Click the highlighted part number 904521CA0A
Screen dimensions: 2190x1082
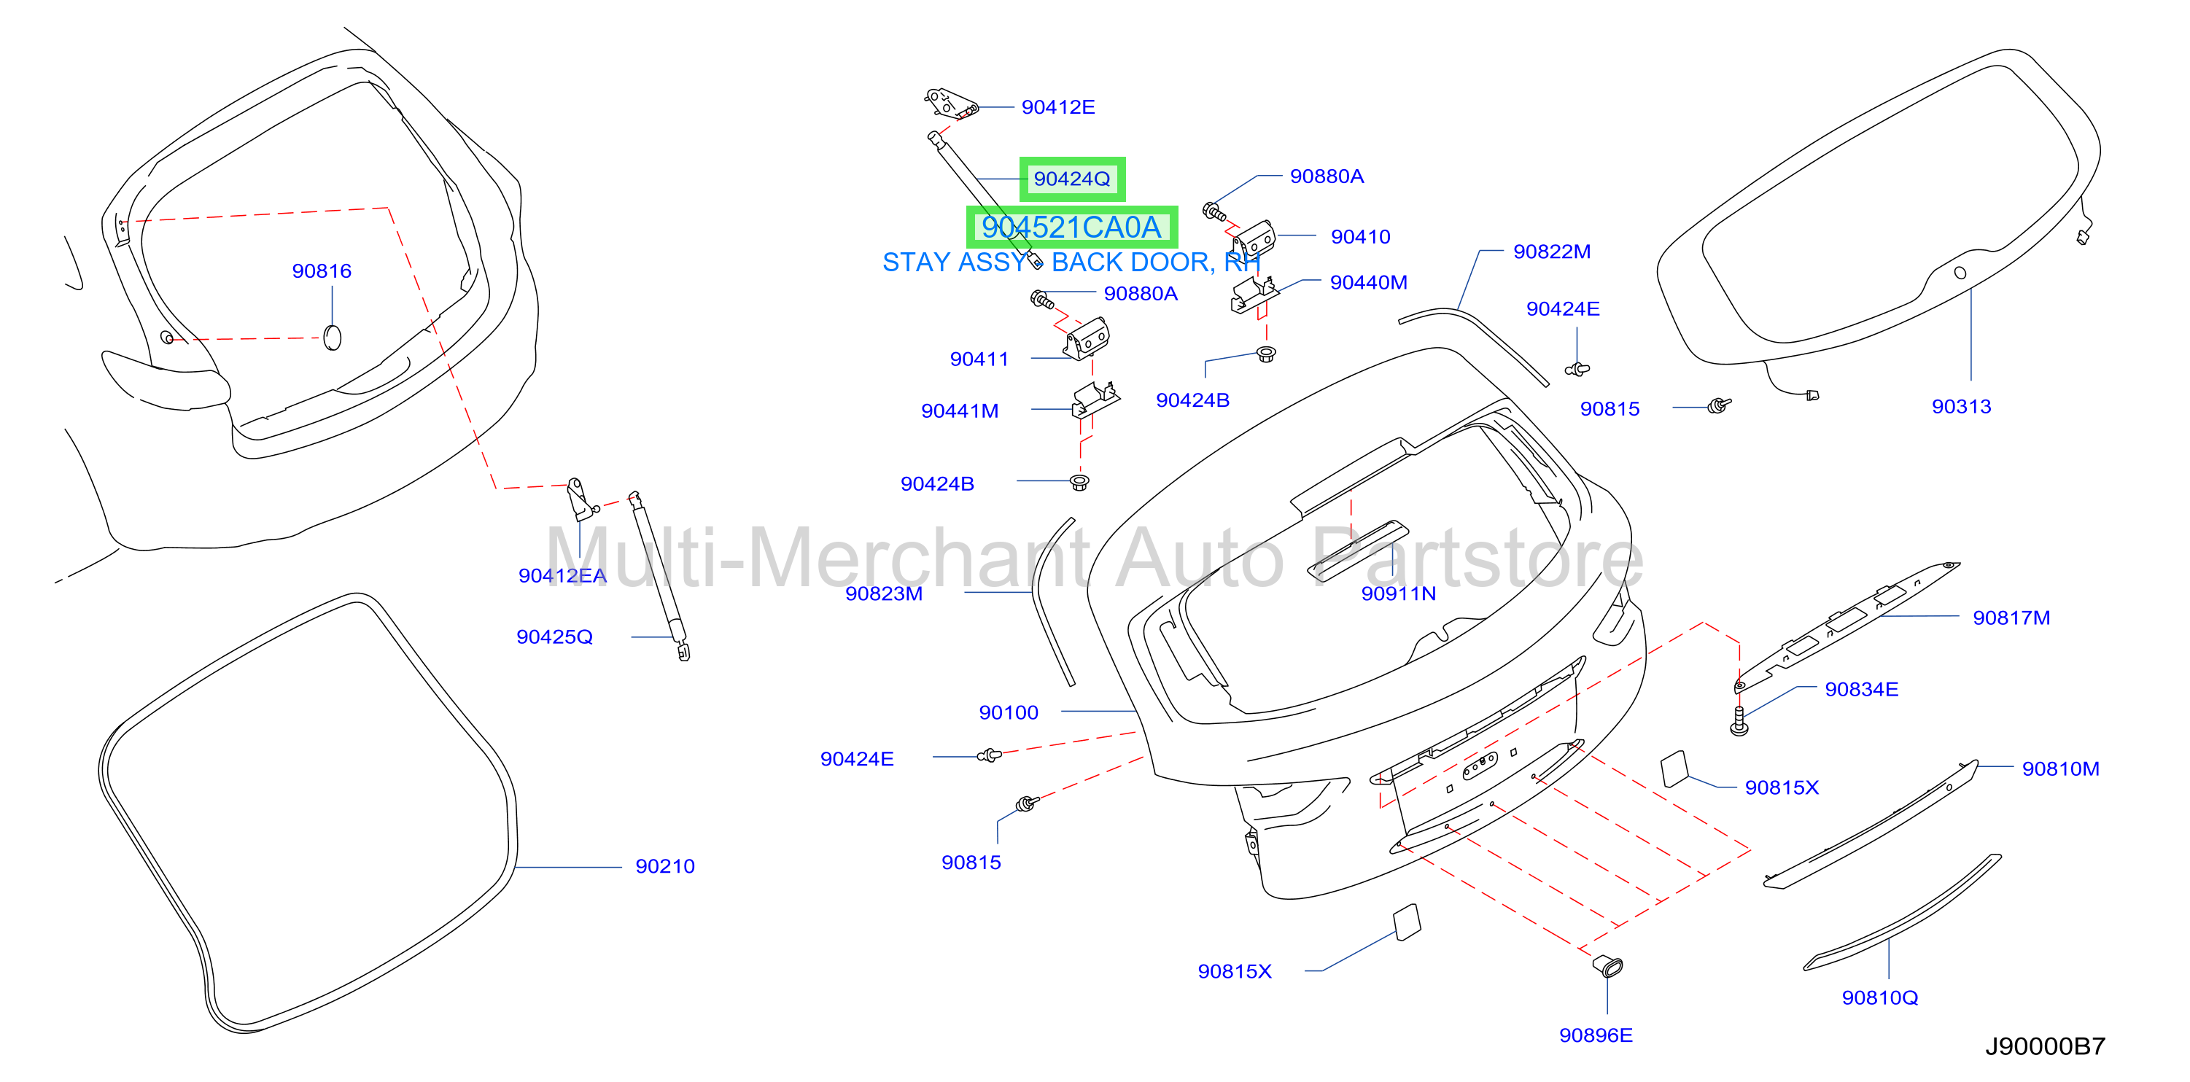point(1071,227)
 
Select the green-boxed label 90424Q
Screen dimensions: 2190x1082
point(1072,179)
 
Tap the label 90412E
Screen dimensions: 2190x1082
point(1057,107)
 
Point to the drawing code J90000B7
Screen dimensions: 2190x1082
point(2045,1046)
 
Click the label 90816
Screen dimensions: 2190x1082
point(322,271)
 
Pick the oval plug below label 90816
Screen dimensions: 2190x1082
point(333,338)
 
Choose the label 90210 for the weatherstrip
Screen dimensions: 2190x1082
point(665,866)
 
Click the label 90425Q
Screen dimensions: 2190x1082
point(554,637)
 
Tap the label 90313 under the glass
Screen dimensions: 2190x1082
point(1961,406)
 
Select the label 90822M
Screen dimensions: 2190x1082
point(1552,252)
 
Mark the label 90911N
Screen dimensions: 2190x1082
point(1399,593)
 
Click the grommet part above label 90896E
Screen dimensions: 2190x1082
point(1607,965)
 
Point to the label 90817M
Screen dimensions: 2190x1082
point(2011,618)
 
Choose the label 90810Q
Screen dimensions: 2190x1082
point(1879,998)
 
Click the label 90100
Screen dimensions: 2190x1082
point(1009,712)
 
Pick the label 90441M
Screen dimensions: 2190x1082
point(960,410)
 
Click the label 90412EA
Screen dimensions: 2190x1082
point(562,575)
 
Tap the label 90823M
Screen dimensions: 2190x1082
point(883,593)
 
